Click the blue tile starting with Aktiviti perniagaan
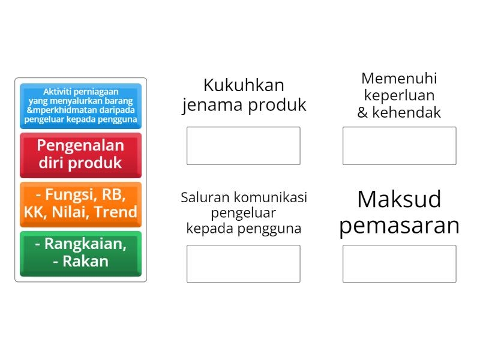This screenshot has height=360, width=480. (x=80, y=106)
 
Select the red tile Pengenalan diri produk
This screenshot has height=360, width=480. (x=80, y=154)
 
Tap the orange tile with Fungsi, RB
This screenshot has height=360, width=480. (x=80, y=203)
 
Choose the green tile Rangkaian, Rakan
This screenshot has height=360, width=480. (x=80, y=253)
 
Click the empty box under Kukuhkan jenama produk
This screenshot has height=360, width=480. (x=243, y=146)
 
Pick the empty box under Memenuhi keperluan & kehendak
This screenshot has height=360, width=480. (x=399, y=146)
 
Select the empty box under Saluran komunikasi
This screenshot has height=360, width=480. (x=243, y=263)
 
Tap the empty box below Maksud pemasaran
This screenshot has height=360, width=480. (x=399, y=263)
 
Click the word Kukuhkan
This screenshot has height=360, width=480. (x=244, y=85)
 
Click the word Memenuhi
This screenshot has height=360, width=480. (x=399, y=79)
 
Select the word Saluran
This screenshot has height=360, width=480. (x=205, y=197)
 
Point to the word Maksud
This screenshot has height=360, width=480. (x=399, y=199)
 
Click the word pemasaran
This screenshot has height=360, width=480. (x=399, y=226)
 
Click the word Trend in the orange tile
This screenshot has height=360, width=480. (x=117, y=212)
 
